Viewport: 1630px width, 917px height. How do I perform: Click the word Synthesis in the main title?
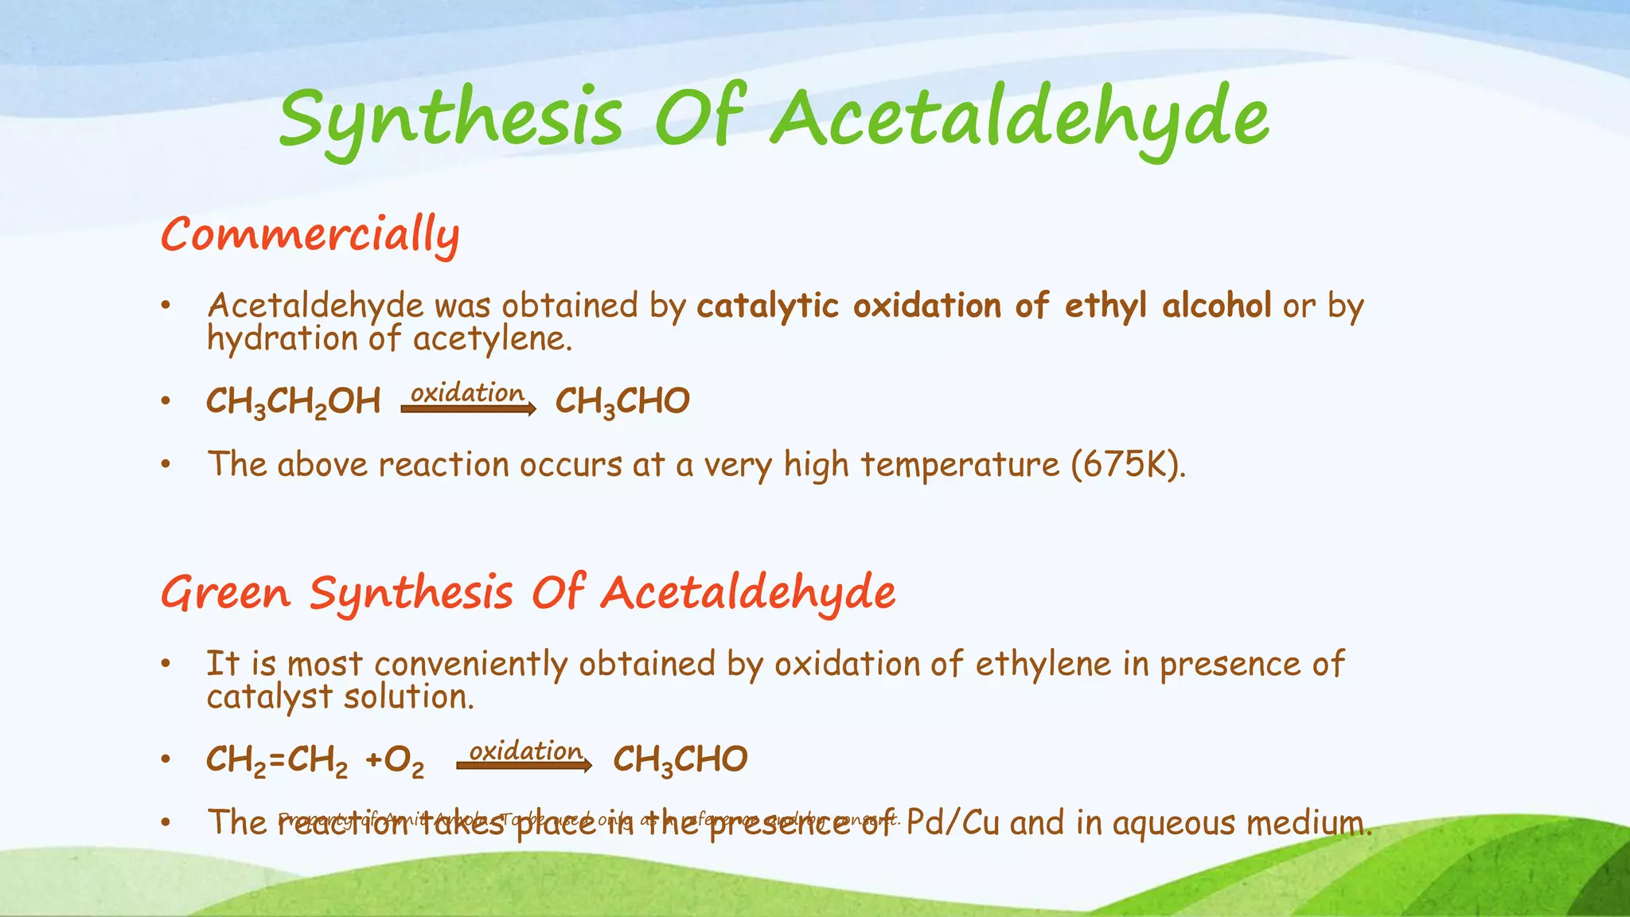450,119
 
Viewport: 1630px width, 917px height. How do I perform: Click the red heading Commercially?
310,235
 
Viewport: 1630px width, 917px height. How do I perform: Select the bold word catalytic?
767,306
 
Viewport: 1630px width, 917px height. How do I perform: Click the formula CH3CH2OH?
293,401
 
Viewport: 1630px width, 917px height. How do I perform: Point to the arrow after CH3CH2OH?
468,409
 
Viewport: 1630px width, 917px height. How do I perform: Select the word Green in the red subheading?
226,593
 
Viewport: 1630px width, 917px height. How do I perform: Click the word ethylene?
1043,664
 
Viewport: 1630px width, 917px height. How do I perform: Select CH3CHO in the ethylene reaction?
680,760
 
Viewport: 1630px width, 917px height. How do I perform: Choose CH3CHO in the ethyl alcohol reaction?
622,401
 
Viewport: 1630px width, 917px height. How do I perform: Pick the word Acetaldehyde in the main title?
1020,119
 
